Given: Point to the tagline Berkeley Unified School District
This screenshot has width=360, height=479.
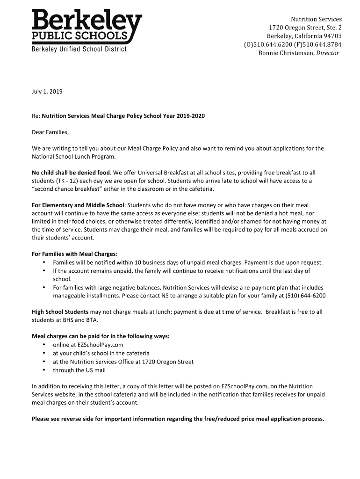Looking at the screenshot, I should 79,50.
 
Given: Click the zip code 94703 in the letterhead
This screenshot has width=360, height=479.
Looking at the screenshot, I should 331,36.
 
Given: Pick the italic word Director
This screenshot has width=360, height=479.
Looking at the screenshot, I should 328,53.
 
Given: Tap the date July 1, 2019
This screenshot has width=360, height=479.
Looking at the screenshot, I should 47,92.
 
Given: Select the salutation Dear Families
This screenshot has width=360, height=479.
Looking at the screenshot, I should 50,132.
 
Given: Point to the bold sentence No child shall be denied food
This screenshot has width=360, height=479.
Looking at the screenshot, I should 72,173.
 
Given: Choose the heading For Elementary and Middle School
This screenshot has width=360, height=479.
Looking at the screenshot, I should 78,205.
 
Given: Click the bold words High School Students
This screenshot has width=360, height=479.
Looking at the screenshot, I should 60,312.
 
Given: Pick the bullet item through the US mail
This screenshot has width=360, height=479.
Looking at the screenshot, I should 79,370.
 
